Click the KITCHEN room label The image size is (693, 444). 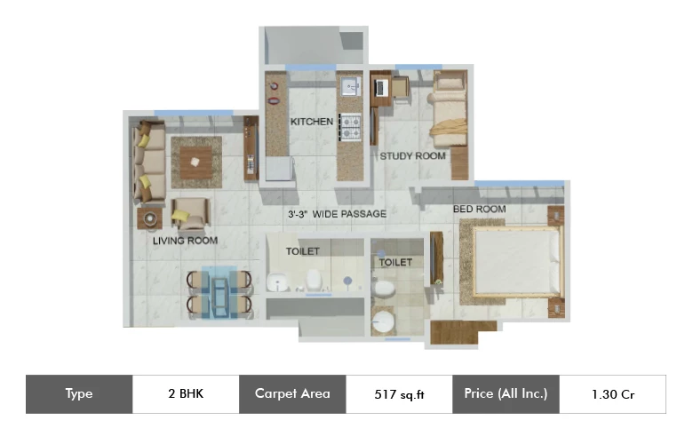pos(312,122)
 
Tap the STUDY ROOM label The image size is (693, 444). pos(412,156)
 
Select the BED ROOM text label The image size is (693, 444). pos(480,209)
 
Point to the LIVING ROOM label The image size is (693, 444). pos(185,241)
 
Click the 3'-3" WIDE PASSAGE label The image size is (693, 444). pos(338,214)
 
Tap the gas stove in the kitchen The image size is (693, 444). pos(350,127)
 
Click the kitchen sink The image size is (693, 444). pos(350,86)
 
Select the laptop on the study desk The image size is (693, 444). pos(380,88)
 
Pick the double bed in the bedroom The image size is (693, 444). pos(516,261)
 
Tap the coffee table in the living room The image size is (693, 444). pos(195,163)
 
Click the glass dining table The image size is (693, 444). pos(219,292)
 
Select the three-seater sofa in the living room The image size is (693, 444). pos(149,163)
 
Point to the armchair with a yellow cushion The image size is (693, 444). pos(190,214)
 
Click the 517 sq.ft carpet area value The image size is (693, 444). pos(399,394)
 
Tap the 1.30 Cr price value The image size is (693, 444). pos(613,394)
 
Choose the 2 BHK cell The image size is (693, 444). pos(186,394)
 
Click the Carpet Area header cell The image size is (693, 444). pos(292,394)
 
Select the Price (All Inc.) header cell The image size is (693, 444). pos(506,394)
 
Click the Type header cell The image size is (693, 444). pos(79,394)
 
